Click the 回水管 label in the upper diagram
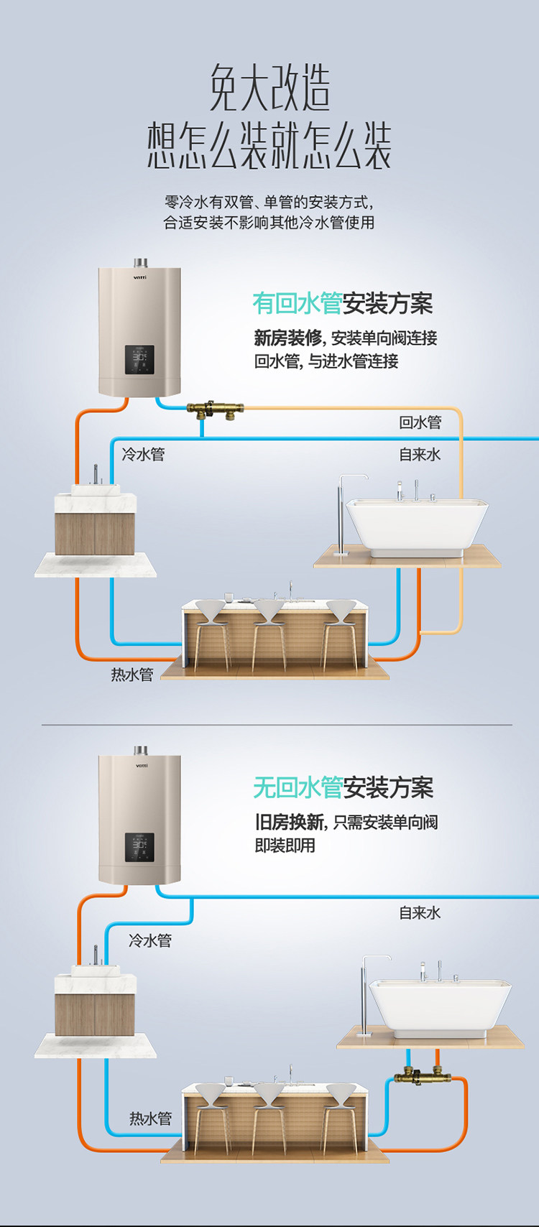coord(420,422)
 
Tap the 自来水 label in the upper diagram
coord(420,455)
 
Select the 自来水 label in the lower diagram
coord(420,913)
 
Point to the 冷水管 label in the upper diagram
coord(144,455)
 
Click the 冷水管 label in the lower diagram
coord(150,940)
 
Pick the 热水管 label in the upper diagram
coord(132,675)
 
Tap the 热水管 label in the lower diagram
coord(151,1119)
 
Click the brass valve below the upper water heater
coord(215,411)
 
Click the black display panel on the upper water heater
coord(139,359)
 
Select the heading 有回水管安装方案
coord(342,304)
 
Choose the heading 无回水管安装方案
coord(343,788)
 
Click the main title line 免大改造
coord(269,89)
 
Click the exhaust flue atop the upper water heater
coord(139,262)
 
